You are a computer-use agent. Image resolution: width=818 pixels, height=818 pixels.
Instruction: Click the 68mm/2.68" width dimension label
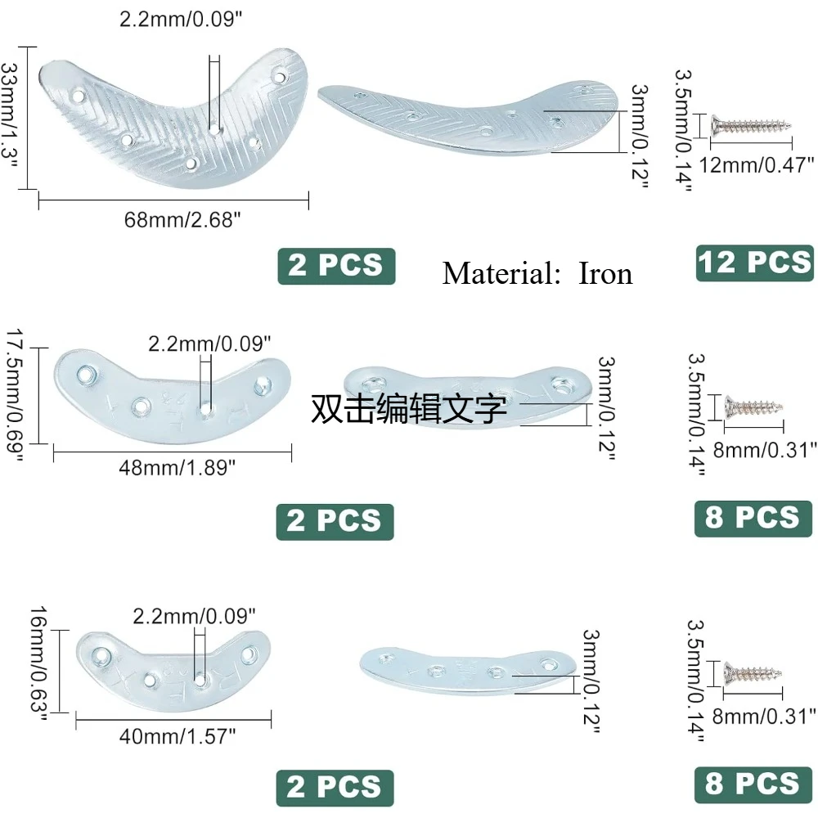point(182,219)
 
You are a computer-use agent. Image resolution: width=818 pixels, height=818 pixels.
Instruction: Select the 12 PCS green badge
point(754,263)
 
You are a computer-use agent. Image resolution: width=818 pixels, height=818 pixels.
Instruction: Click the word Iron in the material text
point(605,273)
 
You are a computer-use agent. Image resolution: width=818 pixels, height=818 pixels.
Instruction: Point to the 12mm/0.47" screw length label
point(757,165)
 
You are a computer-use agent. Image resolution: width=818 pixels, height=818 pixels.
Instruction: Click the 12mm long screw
point(751,126)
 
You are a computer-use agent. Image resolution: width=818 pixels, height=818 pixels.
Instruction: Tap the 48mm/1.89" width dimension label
point(178,467)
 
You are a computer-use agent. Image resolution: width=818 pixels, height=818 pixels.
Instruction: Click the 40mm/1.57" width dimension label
point(178,736)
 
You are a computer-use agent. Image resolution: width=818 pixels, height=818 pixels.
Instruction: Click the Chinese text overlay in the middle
point(408,408)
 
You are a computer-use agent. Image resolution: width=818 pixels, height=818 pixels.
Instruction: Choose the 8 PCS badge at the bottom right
point(753,784)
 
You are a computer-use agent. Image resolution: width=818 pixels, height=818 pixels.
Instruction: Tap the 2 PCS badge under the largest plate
point(336,266)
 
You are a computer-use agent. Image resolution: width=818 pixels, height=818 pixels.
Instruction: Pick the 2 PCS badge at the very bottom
point(335,788)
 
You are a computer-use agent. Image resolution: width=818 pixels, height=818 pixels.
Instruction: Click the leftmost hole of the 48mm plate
point(86,375)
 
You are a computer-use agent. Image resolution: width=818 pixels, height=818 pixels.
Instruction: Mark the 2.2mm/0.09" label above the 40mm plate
point(194,616)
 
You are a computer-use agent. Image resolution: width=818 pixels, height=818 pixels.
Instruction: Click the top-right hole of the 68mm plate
point(280,77)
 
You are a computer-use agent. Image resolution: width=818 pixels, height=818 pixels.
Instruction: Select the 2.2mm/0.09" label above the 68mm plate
point(181,19)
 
